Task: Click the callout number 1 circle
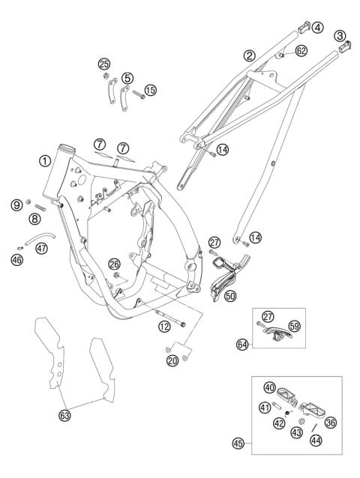(46, 160)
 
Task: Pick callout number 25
(104, 63)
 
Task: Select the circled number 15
(151, 91)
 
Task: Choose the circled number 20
(174, 361)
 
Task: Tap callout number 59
(295, 326)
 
